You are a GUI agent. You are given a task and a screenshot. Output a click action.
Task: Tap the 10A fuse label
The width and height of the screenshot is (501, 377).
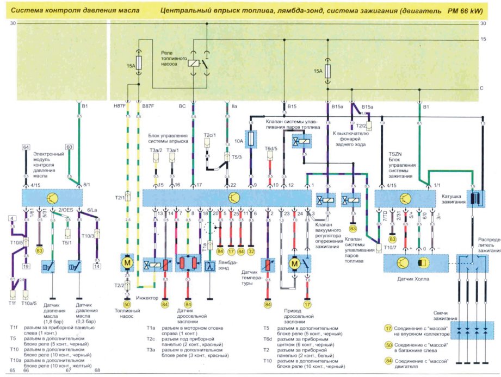[x=240, y=141]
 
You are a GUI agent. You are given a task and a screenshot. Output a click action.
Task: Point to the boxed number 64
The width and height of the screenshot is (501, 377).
[x=26, y=147]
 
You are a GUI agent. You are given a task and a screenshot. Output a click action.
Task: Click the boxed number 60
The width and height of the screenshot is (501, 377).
[x=69, y=147]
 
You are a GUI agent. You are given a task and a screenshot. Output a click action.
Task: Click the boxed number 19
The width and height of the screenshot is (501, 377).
[x=26, y=266]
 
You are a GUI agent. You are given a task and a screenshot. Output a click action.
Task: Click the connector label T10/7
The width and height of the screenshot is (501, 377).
[x=389, y=248]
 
